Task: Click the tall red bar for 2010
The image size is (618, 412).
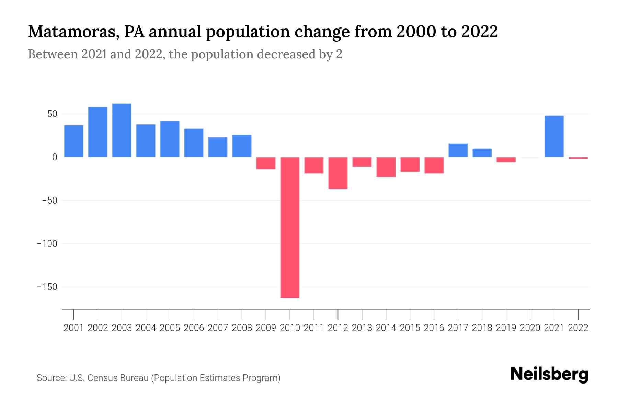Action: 290,227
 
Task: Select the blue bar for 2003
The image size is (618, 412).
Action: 122,130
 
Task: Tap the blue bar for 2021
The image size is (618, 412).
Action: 554,136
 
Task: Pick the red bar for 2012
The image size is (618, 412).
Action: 338,173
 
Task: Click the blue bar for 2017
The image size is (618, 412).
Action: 458,150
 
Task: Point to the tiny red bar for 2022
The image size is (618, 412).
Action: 578,158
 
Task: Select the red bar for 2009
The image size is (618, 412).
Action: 266,163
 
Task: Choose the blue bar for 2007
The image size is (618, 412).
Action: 218,147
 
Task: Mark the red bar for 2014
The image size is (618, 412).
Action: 386,167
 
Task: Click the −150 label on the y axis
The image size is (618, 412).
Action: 47,287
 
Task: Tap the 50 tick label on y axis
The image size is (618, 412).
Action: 52,114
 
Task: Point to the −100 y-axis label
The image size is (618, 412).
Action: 47,244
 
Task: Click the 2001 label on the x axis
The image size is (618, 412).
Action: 74,328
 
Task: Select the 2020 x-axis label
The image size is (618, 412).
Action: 530,328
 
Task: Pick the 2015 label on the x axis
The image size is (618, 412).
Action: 410,328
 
